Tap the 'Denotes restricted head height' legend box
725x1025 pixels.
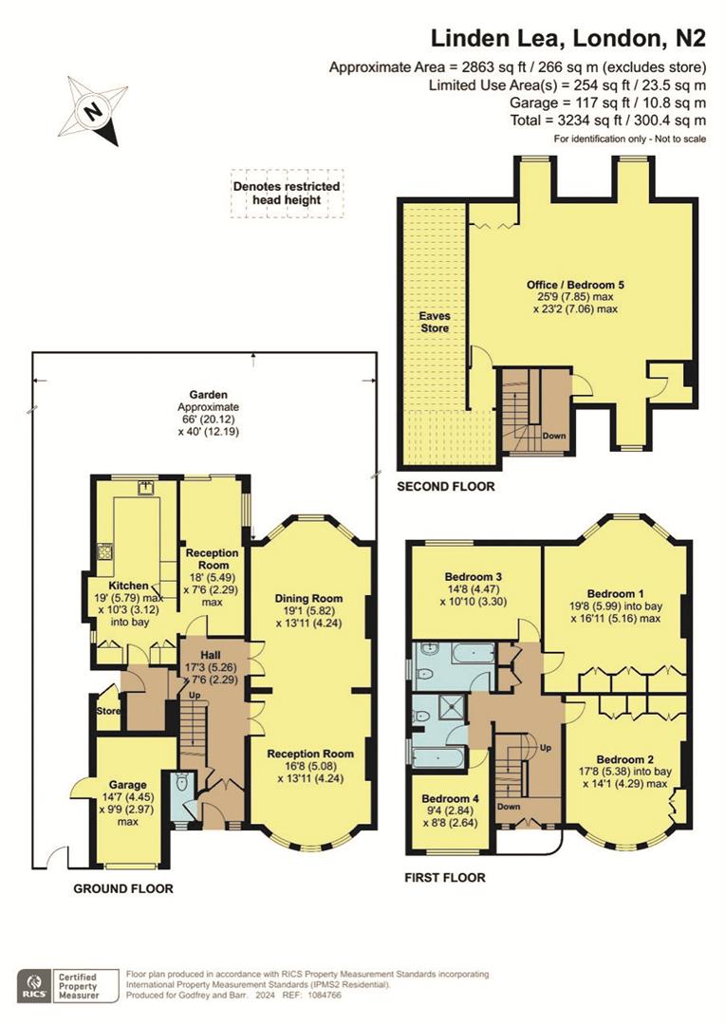pos(287,194)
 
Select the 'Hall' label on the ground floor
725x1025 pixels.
pos(210,655)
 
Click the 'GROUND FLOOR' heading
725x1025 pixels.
pos(124,889)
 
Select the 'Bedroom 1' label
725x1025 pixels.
pos(616,590)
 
